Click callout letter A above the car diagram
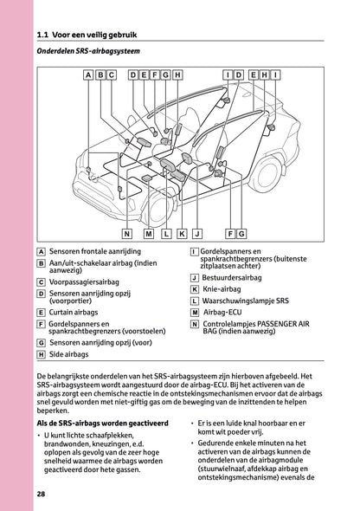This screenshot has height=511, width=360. coord(87,75)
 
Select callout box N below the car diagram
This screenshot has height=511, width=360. coord(126,234)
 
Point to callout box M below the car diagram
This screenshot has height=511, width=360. coord(149,234)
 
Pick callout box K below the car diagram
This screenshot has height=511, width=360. coord(182,234)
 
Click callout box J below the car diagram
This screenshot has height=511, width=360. coord(198,234)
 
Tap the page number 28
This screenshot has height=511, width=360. coord(42,494)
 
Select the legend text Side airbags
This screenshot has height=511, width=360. coord(69,354)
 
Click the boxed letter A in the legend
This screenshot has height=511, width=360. coord(42,251)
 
